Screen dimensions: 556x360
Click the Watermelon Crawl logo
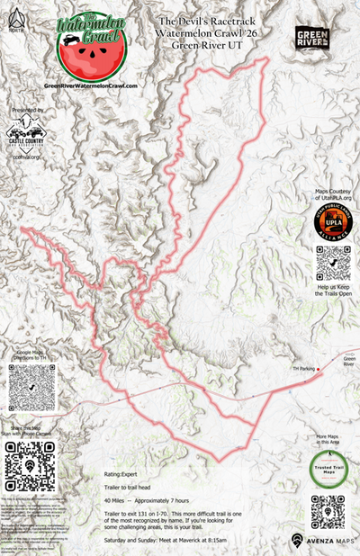click(x=88, y=44)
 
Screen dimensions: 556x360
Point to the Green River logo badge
click(x=312, y=38)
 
